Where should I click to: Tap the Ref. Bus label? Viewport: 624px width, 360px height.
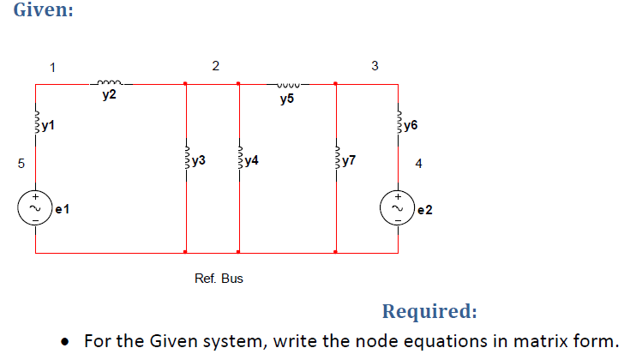point(219,279)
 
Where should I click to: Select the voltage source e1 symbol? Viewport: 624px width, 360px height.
point(36,208)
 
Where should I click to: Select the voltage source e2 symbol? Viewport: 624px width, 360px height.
point(399,208)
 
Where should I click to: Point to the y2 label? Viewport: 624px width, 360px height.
point(109,98)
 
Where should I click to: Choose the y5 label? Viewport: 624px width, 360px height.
point(286,99)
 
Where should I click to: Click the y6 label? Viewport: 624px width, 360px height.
point(411,126)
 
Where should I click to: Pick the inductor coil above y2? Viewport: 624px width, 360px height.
point(110,83)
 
